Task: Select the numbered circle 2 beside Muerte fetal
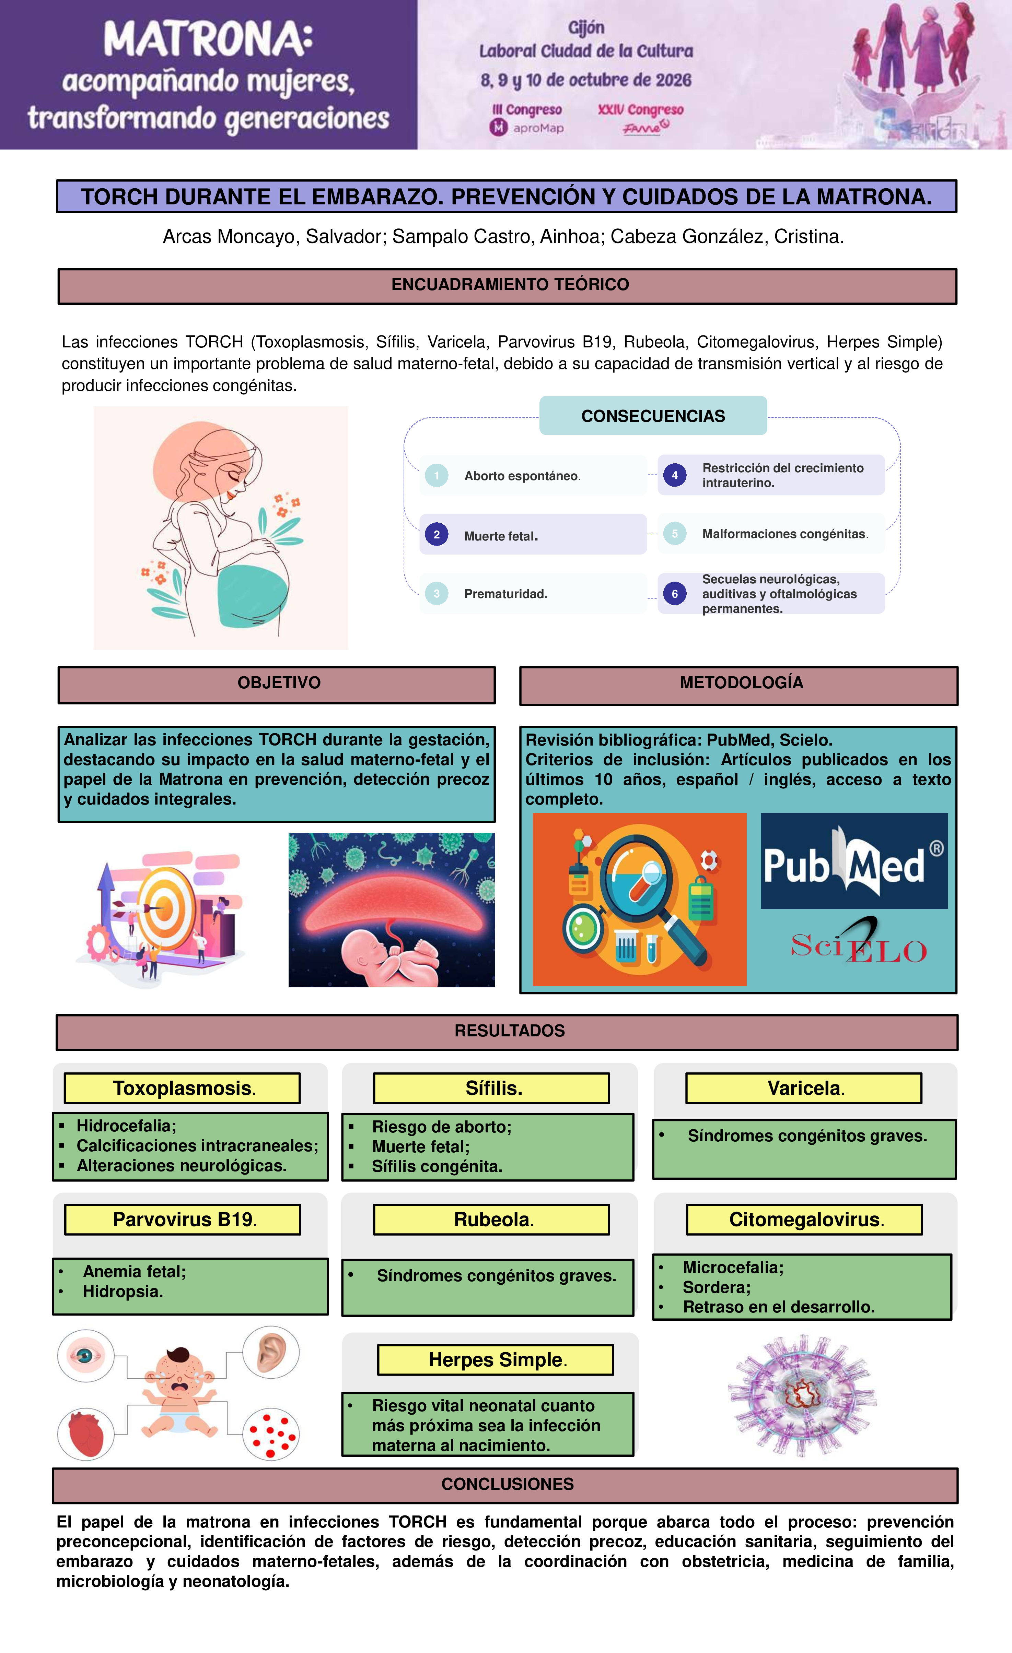tap(436, 535)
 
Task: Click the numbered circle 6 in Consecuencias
tap(674, 594)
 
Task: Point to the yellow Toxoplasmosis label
tap(182, 1088)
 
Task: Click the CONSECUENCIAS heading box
tap(653, 416)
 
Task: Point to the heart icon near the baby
tap(85, 1434)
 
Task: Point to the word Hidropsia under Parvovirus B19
tap(123, 1292)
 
